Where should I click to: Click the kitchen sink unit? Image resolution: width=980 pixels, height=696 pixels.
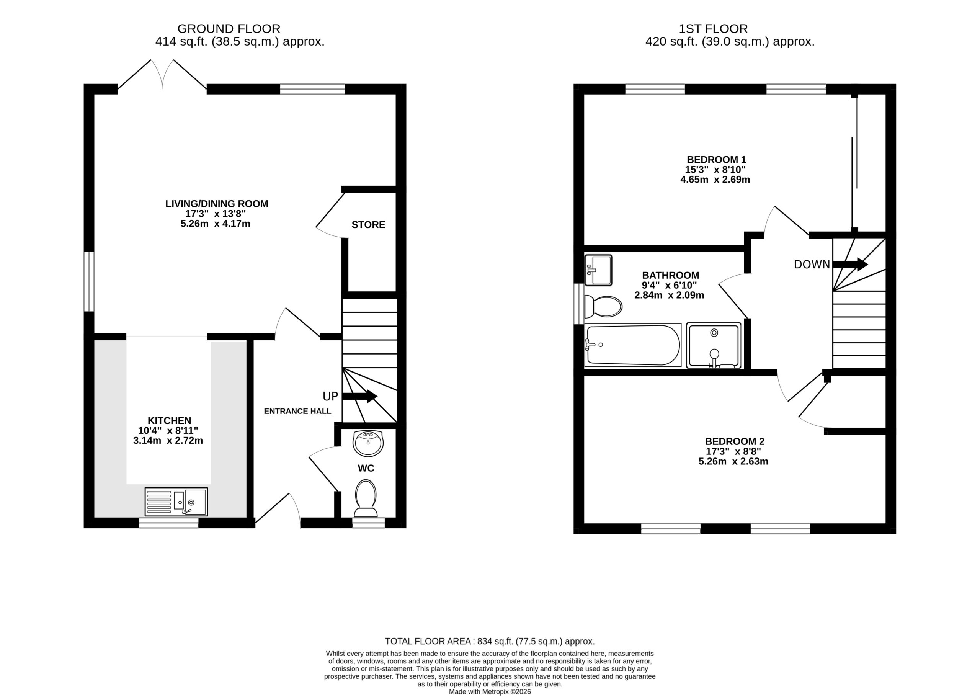(176, 502)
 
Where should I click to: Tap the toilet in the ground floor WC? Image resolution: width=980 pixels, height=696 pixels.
(366, 498)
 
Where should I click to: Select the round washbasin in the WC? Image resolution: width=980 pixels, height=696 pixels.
(367, 444)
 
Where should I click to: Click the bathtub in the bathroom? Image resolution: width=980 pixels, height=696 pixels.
(632, 345)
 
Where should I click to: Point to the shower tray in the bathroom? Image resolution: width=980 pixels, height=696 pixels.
(714, 345)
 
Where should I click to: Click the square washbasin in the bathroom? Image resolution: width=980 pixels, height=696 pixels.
(598, 270)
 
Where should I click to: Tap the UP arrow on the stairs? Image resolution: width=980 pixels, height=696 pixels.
(360, 396)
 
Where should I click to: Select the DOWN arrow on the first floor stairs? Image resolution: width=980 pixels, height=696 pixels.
(850, 265)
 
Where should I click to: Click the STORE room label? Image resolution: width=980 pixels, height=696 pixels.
(369, 225)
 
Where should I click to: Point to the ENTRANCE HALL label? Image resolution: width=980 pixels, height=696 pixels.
(297, 412)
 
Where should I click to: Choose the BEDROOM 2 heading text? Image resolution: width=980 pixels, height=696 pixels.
(735, 441)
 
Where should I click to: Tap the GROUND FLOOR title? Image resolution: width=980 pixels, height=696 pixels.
(229, 29)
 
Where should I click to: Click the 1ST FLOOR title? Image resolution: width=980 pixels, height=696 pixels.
(713, 29)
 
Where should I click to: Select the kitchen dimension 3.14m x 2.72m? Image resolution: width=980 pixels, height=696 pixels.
(168, 441)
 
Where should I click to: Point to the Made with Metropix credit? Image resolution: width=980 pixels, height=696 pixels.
(490, 692)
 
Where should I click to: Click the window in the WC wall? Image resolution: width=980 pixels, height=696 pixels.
(369, 523)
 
